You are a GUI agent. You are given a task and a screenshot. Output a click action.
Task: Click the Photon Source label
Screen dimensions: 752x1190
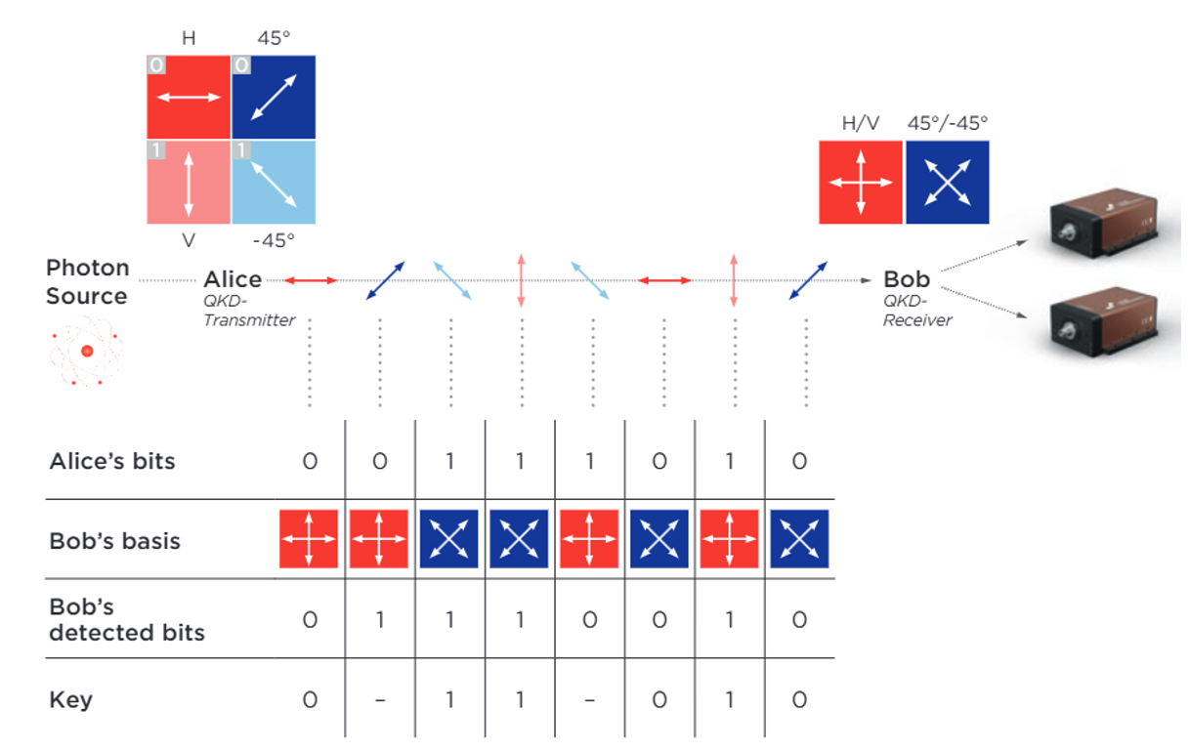87,282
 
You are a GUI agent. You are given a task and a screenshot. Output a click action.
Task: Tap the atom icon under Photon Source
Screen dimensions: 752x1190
87,350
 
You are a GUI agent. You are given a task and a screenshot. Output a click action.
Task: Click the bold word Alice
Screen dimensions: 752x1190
233,281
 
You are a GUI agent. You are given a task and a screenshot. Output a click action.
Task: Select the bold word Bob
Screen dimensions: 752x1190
907,280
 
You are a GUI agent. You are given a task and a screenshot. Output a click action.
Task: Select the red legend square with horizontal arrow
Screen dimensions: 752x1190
189,97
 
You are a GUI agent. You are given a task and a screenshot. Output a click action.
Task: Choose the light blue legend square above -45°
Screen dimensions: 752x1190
274,183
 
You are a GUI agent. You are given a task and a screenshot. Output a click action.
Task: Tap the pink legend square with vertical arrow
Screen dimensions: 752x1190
189,183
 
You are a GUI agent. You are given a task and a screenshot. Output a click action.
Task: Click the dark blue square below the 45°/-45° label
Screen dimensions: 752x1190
947,183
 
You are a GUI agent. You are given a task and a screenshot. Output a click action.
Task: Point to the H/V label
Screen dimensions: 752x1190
860,124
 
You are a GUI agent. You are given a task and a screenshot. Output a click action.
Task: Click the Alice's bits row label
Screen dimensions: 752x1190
112,461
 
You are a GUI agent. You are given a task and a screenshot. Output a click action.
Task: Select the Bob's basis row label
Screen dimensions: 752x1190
115,540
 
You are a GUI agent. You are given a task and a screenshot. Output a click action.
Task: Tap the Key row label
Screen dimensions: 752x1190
71,699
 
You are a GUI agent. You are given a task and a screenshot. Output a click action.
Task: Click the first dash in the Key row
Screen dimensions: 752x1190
380,700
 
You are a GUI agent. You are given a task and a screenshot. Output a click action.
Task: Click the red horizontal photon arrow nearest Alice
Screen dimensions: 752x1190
311,281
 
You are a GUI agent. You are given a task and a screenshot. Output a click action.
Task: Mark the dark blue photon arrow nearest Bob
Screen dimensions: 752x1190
808,281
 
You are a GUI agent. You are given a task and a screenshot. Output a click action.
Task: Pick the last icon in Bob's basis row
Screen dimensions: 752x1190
799,539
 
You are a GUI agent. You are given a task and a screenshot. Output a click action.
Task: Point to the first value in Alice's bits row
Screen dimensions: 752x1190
310,461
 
